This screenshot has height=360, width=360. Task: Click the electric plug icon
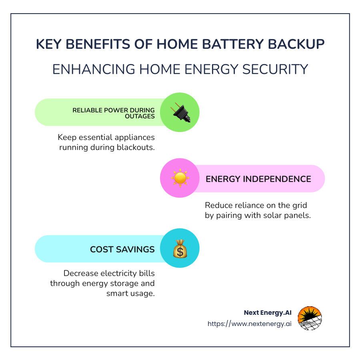(181, 112)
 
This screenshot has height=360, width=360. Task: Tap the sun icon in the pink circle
(180, 178)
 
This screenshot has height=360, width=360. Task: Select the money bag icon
(180, 249)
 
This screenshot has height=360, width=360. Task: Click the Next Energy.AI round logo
(310, 318)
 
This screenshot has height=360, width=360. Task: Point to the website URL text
(249, 324)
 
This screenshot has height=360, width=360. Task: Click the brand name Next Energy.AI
(268, 313)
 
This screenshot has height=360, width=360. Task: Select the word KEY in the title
(49, 44)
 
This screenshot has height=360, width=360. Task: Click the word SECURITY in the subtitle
(275, 69)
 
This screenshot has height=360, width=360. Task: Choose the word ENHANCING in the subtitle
(94, 69)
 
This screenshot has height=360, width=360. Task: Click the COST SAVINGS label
(122, 249)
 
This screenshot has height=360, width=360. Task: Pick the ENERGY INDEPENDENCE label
(258, 179)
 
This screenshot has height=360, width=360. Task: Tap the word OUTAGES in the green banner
(140, 116)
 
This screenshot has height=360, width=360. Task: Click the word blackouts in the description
(136, 147)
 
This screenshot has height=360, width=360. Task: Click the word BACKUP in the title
(296, 44)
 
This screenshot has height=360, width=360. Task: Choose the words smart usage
(130, 294)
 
